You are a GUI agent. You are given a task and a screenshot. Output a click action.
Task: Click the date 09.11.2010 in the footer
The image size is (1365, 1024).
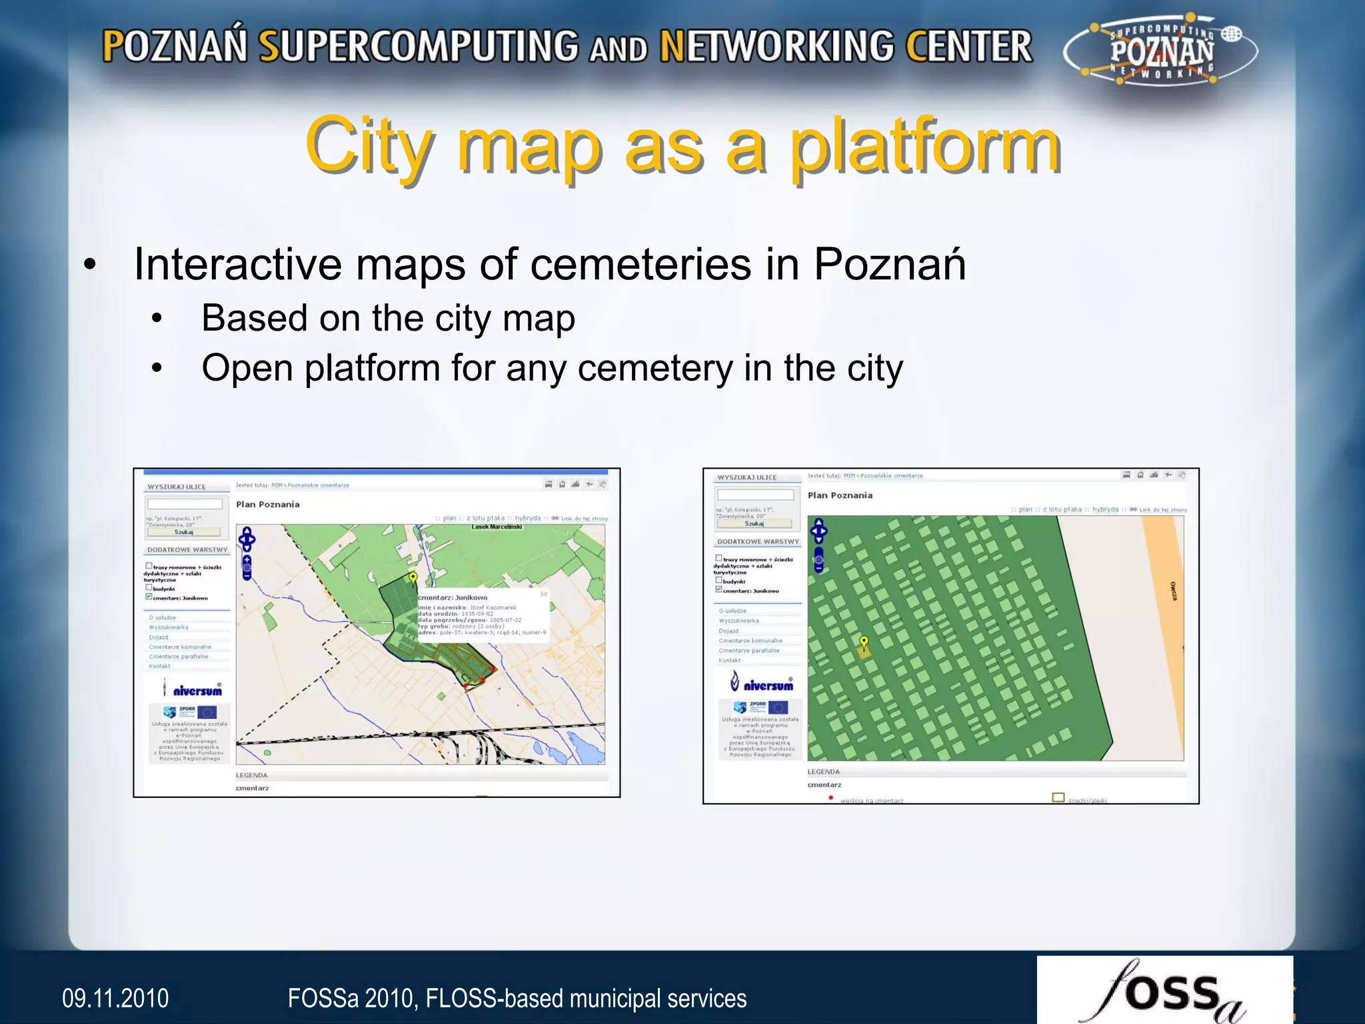coord(115,998)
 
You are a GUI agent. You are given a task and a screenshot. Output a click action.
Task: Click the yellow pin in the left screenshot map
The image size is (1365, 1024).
coord(413,577)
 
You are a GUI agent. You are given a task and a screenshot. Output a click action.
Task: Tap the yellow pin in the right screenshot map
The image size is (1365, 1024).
coord(864,642)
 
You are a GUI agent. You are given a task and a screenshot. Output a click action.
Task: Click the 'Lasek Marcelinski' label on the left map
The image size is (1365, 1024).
coord(497,527)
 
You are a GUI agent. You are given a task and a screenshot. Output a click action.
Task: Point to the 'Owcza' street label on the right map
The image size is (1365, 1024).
coord(1173,591)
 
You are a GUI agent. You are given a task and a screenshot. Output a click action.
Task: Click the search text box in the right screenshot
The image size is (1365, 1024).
coord(755,495)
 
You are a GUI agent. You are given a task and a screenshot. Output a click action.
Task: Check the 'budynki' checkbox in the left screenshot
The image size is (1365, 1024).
coord(149,588)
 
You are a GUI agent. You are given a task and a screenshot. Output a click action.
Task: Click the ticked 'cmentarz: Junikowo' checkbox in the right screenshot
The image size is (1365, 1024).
coord(718,589)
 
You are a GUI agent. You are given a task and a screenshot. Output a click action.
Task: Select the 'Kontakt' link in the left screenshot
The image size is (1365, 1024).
coord(160,666)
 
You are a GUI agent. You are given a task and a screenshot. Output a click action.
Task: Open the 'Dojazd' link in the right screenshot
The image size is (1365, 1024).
coord(728,631)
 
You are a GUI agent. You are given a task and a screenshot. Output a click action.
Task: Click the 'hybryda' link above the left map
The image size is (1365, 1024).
coord(528,518)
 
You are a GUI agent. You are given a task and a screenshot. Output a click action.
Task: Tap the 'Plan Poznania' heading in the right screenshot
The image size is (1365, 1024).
coord(840,495)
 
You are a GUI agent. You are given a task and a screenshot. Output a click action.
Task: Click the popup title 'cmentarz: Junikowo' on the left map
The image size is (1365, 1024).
coord(453,597)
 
